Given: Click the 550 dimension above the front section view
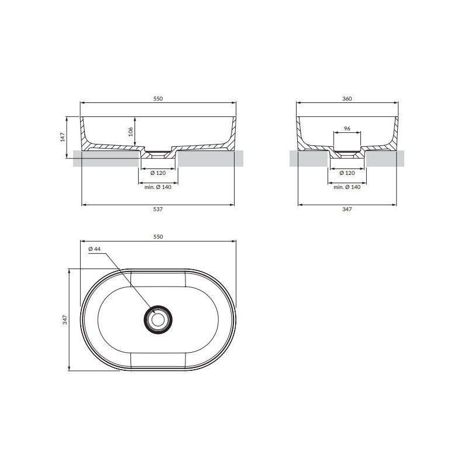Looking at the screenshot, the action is (x=158, y=98).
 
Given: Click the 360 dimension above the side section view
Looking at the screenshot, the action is (x=347, y=98).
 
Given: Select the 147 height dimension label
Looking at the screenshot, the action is (x=63, y=137).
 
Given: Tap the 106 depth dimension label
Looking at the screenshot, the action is (x=130, y=132).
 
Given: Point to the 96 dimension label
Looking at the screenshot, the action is (x=347, y=129).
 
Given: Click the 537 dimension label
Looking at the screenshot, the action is (x=158, y=209).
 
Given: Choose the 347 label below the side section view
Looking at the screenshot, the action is (x=347, y=209).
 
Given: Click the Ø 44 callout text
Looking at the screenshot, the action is (x=95, y=249).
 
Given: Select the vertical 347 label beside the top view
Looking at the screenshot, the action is (x=65, y=319).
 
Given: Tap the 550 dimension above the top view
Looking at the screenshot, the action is (x=158, y=237).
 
